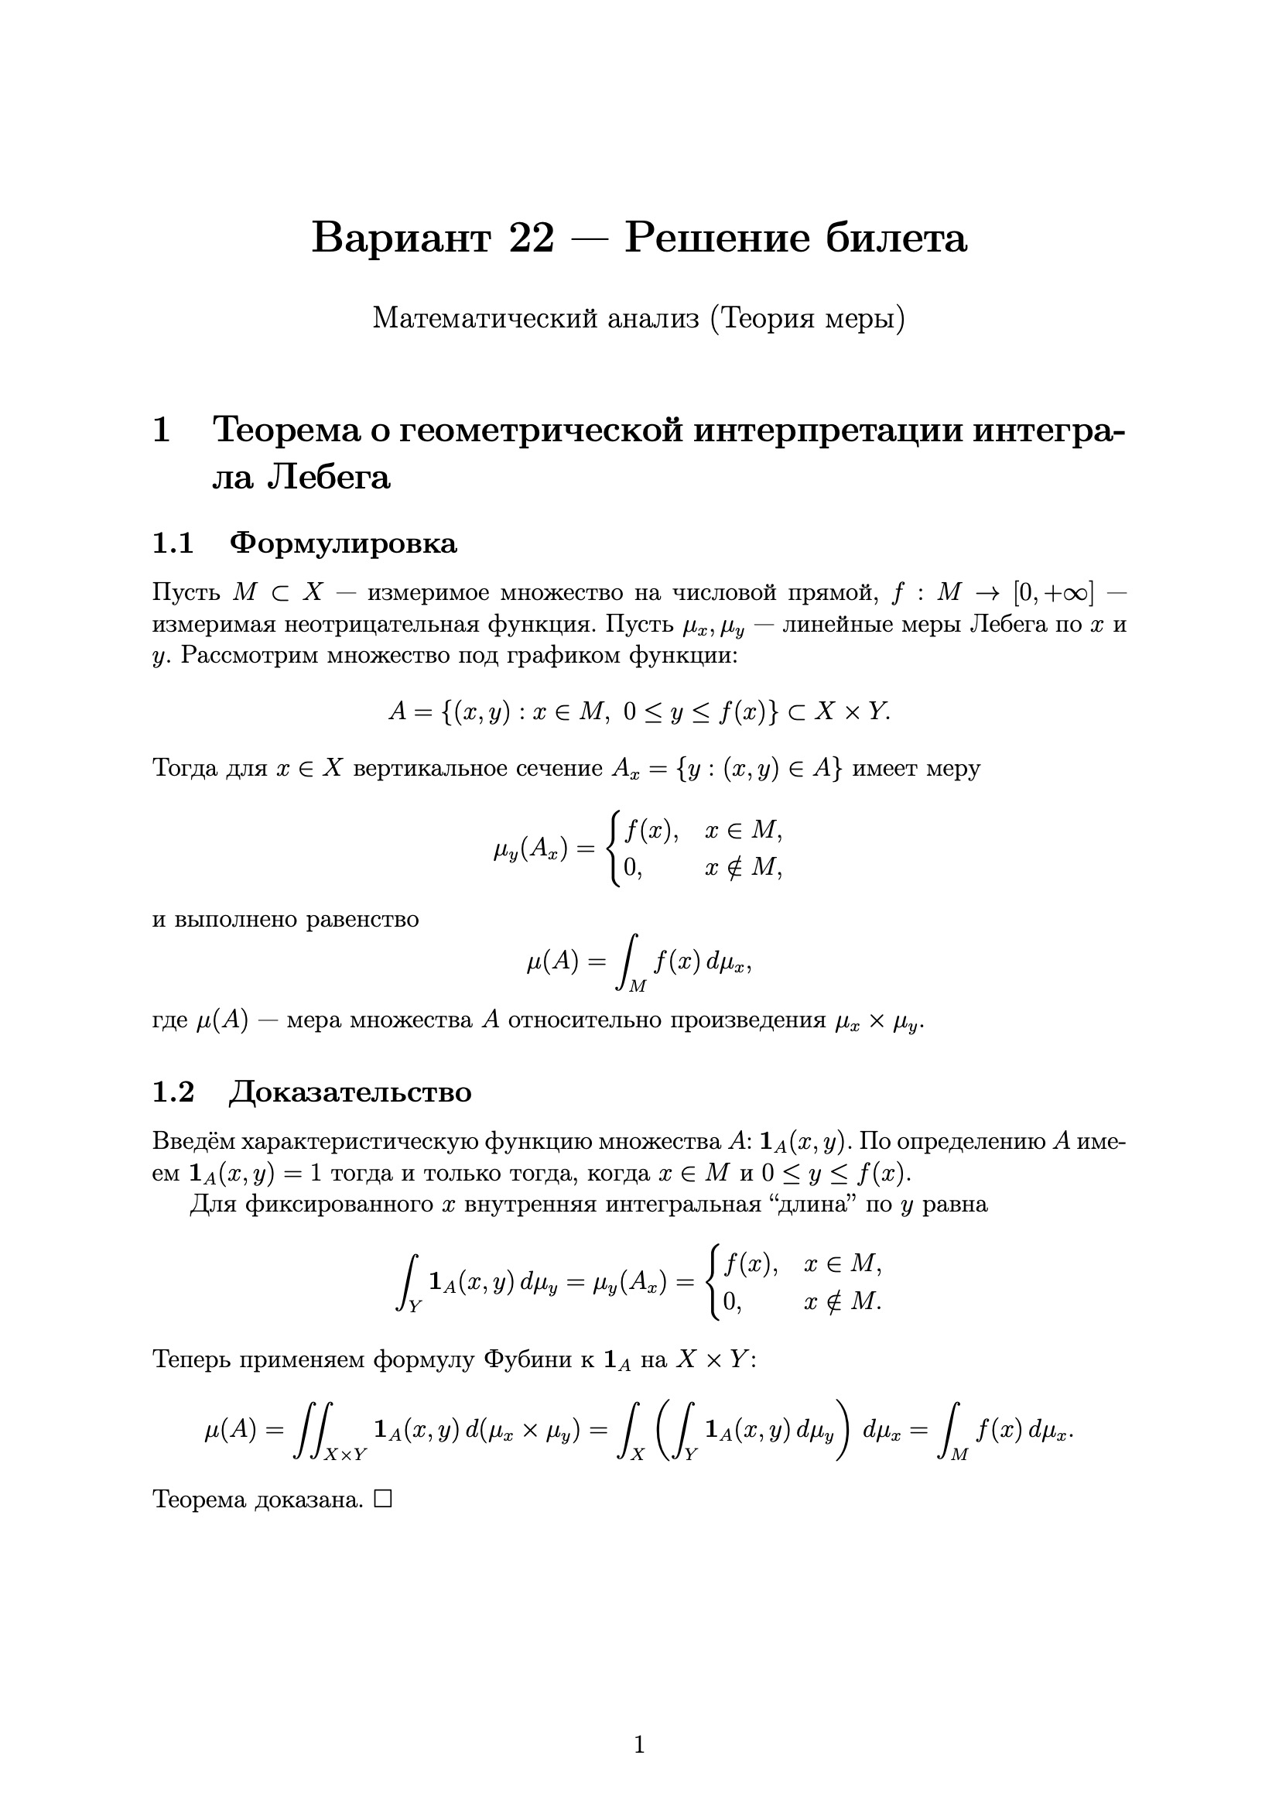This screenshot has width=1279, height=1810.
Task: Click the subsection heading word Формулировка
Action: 343,543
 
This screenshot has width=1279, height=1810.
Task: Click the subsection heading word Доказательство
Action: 350,1092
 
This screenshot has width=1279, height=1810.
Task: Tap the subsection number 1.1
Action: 173,543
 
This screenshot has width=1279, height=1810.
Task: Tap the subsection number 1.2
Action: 173,1092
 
